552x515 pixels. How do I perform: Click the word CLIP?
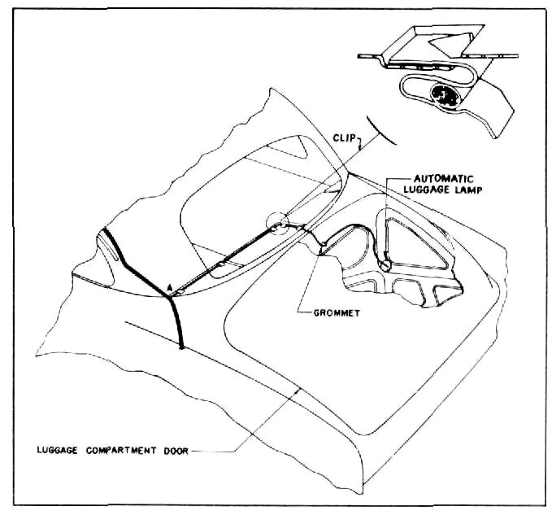[345, 137]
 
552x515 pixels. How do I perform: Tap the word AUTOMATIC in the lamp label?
[444, 179]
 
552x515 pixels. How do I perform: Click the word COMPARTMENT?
[121, 450]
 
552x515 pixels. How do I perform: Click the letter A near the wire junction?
[169, 288]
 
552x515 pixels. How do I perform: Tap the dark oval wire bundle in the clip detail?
[444, 94]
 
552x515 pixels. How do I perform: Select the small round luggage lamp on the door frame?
[385, 265]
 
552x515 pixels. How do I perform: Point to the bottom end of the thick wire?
[181, 347]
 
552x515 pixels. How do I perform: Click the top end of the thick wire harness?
[105, 230]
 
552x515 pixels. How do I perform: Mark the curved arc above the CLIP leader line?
[381, 132]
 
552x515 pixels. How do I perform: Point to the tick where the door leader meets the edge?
[299, 391]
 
